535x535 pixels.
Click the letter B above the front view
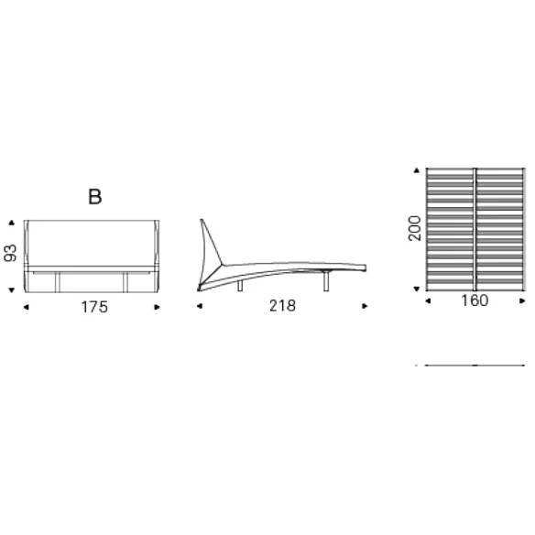pyautogui.click(x=95, y=197)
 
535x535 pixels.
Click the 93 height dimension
pyautogui.click(x=10, y=253)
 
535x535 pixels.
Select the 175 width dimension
pyautogui.click(x=94, y=307)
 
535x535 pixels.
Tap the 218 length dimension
pyautogui.click(x=282, y=306)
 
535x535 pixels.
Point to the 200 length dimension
pyautogui.click(x=415, y=229)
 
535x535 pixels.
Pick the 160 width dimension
pyautogui.click(x=475, y=300)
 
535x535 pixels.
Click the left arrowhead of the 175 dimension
pyautogui.click(x=26, y=308)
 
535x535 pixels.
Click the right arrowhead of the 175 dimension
pyautogui.click(x=157, y=308)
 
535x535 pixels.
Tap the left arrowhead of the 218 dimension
pyautogui.click(x=200, y=306)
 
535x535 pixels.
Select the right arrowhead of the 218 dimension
pyautogui.click(x=365, y=306)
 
